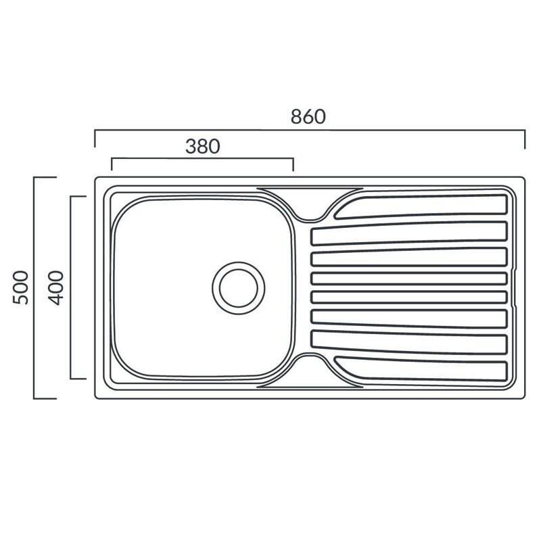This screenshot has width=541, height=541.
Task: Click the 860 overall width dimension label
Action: point(308,116)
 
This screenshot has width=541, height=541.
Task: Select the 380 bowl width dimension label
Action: point(202,146)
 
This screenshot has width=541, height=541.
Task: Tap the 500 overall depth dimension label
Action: point(20,287)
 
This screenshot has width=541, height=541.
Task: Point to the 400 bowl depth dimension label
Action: point(56,288)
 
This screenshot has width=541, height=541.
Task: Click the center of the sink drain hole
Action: point(239,288)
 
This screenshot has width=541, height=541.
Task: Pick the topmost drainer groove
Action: point(421,207)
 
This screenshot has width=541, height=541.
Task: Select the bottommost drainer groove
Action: point(421,369)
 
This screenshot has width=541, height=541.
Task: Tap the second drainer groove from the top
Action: point(409,233)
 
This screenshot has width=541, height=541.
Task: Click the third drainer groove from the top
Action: point(409,257)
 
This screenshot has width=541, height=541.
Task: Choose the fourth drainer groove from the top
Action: point(409,279)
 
